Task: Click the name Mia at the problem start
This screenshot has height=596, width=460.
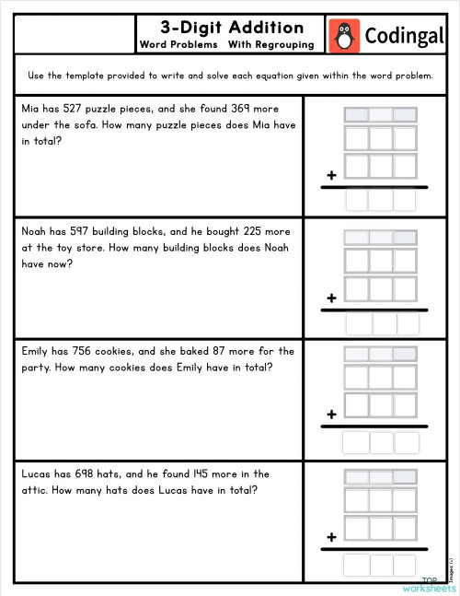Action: pyautogui.click(x=31, y=109)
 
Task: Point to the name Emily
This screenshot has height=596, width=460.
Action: pyautogui.click(x=38, y=351)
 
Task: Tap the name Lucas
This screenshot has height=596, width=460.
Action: pyautogui.click(x=38, y=474)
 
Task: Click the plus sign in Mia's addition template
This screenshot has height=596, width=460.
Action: pyautogui.click(x=330, y=175)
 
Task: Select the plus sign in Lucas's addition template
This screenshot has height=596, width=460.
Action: pyautogui.click(x=330, y=536)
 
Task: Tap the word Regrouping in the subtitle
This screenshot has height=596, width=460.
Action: pyautogui.click(x=284, y=44)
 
